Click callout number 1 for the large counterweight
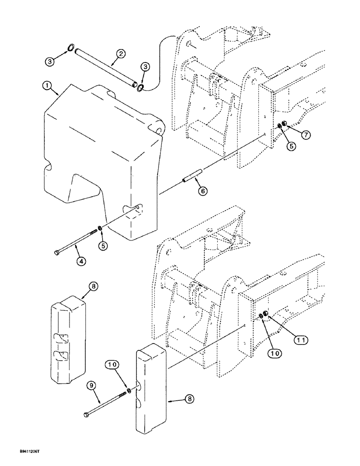pyautogui.click(x=46, y=86)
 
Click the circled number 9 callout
pyautogui.click(x=91, y=385)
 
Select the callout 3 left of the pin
pyautogui.click(x=50, y=61)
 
